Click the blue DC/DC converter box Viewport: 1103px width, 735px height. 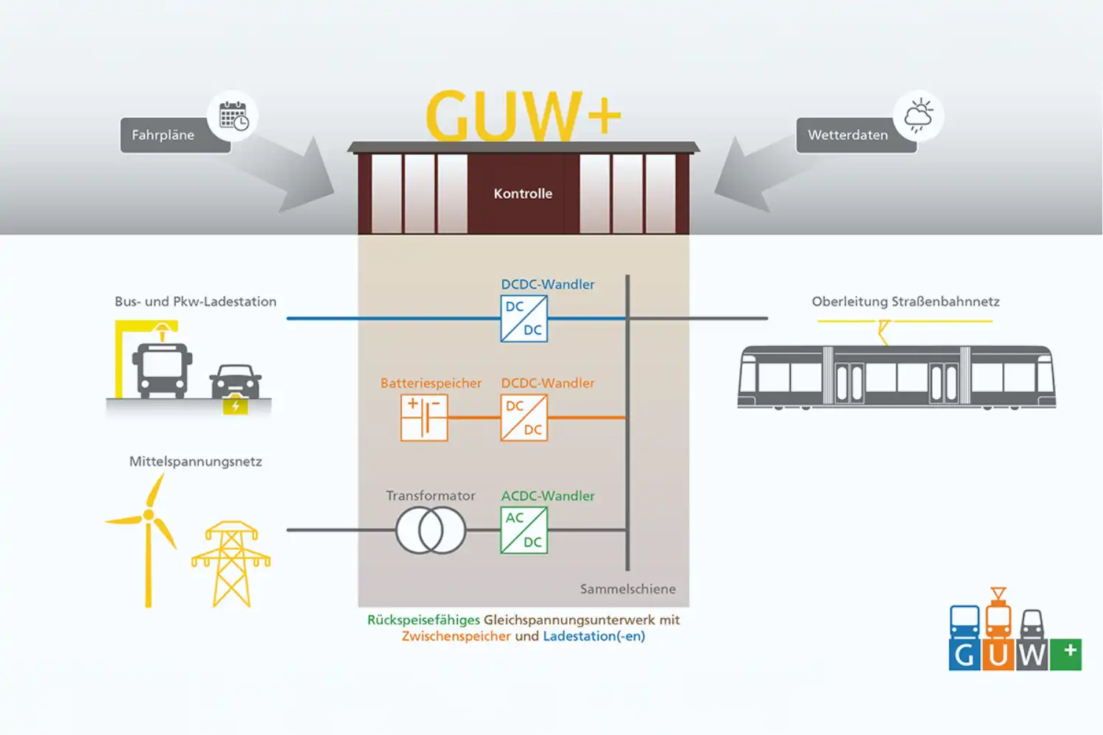pyautogui.click(x=524, y=318)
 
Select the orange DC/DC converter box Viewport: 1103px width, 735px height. pyautogui.click(x=524, y=418)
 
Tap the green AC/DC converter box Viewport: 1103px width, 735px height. pyautogui.click(x=524, y=530)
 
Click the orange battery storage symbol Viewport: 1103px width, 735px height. pyautogui.click(x=424, y=418)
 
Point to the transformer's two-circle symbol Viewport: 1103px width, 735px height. pyautogui.click(x=431, y=530)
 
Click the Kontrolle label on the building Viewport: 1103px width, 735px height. pyautogui.click(x=523, y=194)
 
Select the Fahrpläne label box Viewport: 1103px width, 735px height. pyautogui.click(x=163, y=136)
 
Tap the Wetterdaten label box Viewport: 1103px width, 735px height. pyautogui.click(x=848, y=136)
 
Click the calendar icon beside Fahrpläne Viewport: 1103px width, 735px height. pyautogui.click(x=233, y=116)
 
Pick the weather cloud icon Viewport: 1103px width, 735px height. pyautogui.click(x=918, y=116)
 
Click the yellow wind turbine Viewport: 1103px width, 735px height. pyautogui.click(x=148, y=538)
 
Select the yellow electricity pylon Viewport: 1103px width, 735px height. pyautogui.click(x=231, y=563)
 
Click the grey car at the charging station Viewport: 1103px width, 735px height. pyautogui.click(x=236, y=381)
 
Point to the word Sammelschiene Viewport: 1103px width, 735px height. pyautogui.click(x=627, y=589)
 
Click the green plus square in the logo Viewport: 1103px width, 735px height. pyautogui.click(x=1065, y=654)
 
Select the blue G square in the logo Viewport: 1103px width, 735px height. pyautogui.click(x=965, y=654)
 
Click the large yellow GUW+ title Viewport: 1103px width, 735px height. pyautogui.click(x=523, y=116)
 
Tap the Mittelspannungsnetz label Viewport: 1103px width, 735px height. pyautogui.click(x=195, y=462)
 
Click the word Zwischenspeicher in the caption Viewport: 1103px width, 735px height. pyautogui.click(x=456, y=636)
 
